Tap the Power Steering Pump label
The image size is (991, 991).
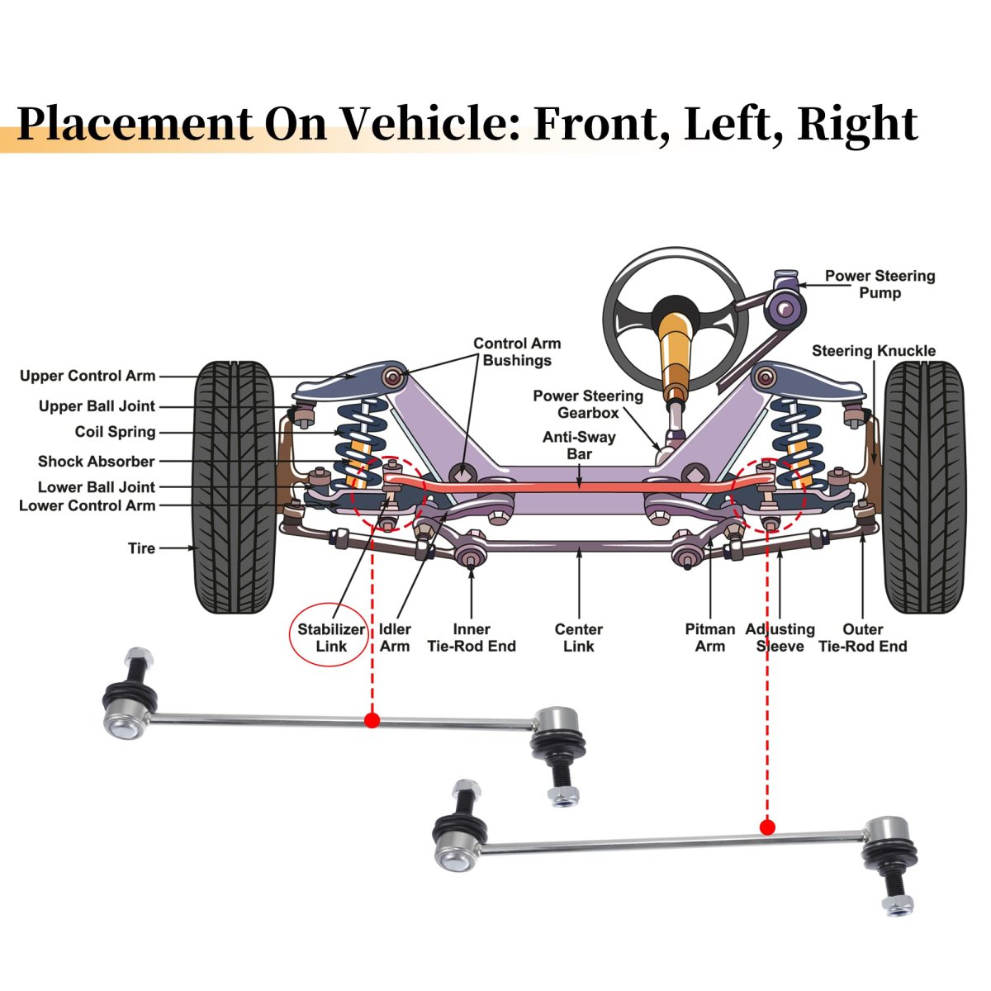[x=880, y=284]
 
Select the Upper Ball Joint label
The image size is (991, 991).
[x=97, y=406]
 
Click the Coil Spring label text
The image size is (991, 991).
[x=115, y=432]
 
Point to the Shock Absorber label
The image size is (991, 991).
[x=96, y=462]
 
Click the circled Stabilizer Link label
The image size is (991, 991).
[x=330, y=638]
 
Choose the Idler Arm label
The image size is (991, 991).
[x=395, y=638]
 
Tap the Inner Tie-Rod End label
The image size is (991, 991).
[x=471, y=638]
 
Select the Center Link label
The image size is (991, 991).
[x=578, y=638]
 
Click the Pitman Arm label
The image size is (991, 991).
[x=709, y=638]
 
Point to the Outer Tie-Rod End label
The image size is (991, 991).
[x=862, y=638]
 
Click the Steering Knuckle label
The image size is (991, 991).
[x=873, y=351]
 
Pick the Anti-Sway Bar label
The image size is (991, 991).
[x=579, y=445]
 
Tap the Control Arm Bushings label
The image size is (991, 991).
[x=517, y=352]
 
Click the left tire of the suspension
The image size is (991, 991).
[x=234, y=487]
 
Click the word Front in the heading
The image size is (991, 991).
[x=601, y=124]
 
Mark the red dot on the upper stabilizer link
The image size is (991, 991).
[x=372, y=720]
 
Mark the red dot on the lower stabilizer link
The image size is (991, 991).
[x=767, y=827]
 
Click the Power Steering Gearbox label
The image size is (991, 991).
[x=587, y=404]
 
